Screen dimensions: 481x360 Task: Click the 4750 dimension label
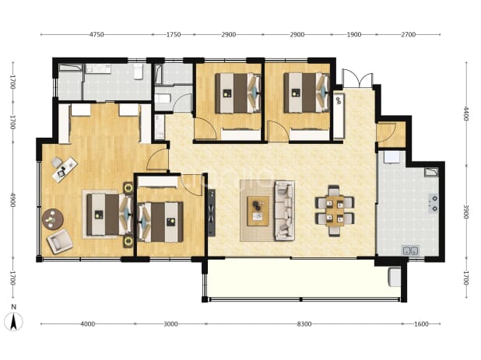click(x=97, y=35)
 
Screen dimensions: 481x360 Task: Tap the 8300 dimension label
click(x=304, y=324)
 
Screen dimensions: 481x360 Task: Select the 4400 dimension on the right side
click(x=466, y=114)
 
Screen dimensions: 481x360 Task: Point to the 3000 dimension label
click(x=170, y=324)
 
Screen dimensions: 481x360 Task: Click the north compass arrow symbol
click(x=13, y=322)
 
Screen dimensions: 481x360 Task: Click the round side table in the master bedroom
click(x=53, y=219)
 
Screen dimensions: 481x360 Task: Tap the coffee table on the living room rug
click(x=258, y=211)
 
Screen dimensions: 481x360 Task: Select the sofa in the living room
click(x=284, y=211)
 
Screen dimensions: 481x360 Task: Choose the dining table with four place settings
click(x=335, y=211)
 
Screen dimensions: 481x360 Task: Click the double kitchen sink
click(x=410, y=250)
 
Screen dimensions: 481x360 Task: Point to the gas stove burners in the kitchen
click(x=434, y=204)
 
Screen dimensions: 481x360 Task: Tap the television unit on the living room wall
click(x=212, y=212)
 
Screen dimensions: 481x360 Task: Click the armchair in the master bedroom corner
click(x=59, y=242)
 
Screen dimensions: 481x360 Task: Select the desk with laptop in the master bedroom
click(x=65, y=170)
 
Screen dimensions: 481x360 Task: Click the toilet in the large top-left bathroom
click(x=139, y=72)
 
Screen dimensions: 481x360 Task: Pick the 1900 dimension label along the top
click(x=353, y=35)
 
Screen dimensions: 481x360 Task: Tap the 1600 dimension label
click(x=421, y=324)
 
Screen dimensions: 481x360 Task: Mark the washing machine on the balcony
click(x=395, y=278)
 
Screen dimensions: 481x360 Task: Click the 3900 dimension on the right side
click(x=466, y=212)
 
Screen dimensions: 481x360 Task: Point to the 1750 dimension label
click(x=174, y=35)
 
